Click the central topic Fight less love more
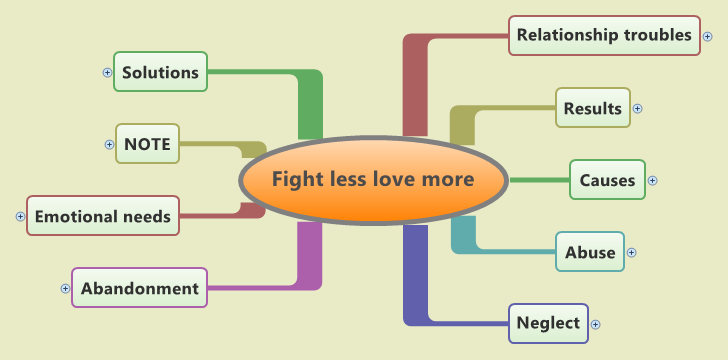[x=373, y=180]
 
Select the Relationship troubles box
[x=603, y=35]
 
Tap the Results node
[x=593, y=108]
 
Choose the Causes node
[x=607, y=180]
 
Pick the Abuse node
[x=590, y=252]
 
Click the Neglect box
[x=548, y=323]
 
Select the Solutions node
[x=160, y=72]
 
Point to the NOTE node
[x=148, y=144]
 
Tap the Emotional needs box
[x=103, y=215]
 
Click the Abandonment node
[x=140, y=288]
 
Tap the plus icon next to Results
[x=638, y=108]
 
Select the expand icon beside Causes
[x=653, y=181]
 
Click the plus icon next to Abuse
[x=631, y=253]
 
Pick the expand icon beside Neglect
[x=596, y=324]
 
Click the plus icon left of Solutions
[x=108, y=72]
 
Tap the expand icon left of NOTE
[x=110, y=144]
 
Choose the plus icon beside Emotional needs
[x=21, y=216]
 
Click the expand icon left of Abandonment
[x=66, y=288]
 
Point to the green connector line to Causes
[x=538, y=180]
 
